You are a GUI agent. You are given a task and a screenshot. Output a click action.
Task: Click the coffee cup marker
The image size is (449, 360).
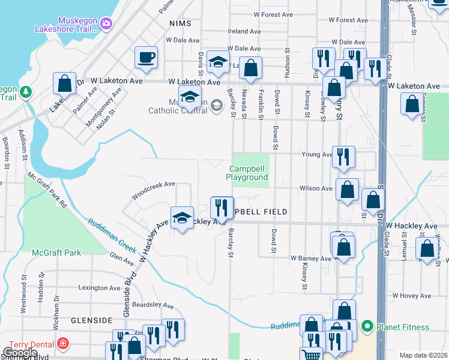146,58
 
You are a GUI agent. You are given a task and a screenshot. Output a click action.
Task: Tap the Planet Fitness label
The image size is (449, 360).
403,327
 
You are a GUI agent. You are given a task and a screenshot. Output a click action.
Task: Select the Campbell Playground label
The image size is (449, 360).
247,173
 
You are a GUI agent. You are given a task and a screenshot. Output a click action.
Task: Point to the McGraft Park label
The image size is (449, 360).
56,253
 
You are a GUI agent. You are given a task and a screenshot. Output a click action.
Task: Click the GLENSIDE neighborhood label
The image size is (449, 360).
92,320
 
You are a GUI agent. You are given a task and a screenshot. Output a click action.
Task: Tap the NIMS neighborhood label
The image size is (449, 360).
180,23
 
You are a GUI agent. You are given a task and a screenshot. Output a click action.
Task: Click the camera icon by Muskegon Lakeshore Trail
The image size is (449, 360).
107,23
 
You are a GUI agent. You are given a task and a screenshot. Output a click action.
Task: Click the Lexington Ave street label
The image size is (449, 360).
100,288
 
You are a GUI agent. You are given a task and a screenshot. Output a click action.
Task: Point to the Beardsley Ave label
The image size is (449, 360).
152,305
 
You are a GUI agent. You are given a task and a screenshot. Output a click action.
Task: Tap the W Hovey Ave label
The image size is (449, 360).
412,296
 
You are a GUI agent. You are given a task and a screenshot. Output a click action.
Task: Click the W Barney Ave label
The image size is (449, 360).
311,259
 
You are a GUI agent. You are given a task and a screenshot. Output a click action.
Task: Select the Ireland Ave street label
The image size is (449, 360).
244,31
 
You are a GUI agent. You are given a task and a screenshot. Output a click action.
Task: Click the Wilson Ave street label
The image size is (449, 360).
316,188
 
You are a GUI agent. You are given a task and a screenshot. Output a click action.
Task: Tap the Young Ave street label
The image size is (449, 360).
317,154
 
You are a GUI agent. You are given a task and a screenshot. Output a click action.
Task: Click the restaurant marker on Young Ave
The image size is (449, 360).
343,157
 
